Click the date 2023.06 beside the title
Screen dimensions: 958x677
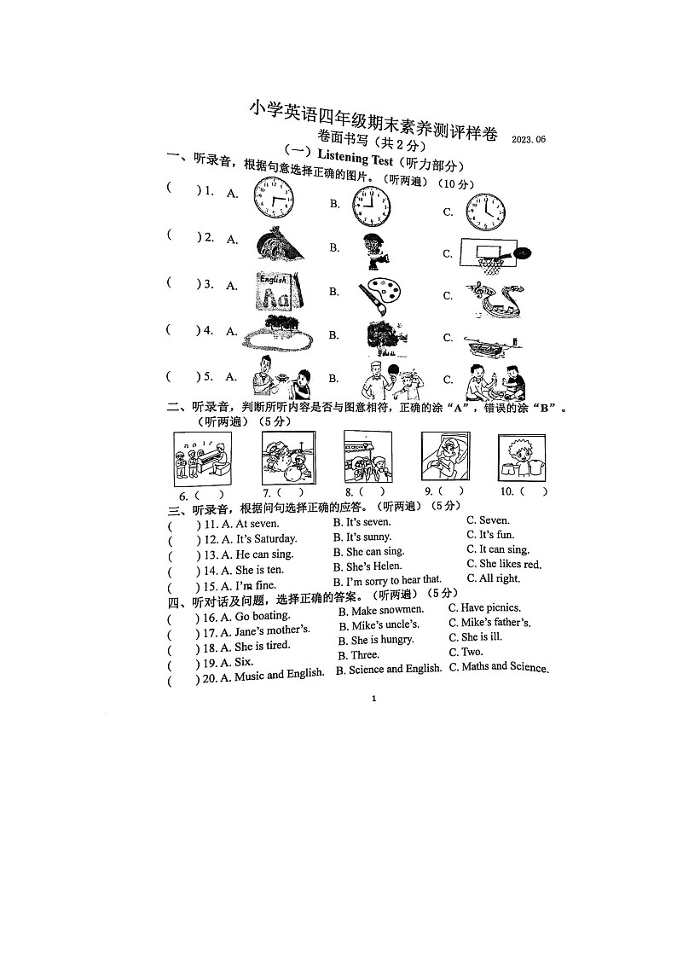(x=528, y=141)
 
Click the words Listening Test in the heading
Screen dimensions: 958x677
(x=355, y=159)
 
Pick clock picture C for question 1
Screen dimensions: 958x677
(x=485, y=211)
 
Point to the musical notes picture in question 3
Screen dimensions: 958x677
(x=492, y=300)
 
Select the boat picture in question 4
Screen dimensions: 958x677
(x=492, y=345)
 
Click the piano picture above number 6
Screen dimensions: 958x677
(x=202, y=459)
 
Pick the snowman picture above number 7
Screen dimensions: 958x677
(x=286, y=459)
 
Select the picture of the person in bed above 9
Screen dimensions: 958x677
(x=444, y=457)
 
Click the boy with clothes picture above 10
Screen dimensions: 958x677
(x=523, y=459)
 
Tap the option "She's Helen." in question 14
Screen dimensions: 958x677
(x=373, y=566)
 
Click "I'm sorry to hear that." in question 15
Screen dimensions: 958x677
(x=387, y=580)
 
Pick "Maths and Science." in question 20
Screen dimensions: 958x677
(x=499, y=667)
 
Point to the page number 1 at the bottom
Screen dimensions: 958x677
(x=373, y=699)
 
